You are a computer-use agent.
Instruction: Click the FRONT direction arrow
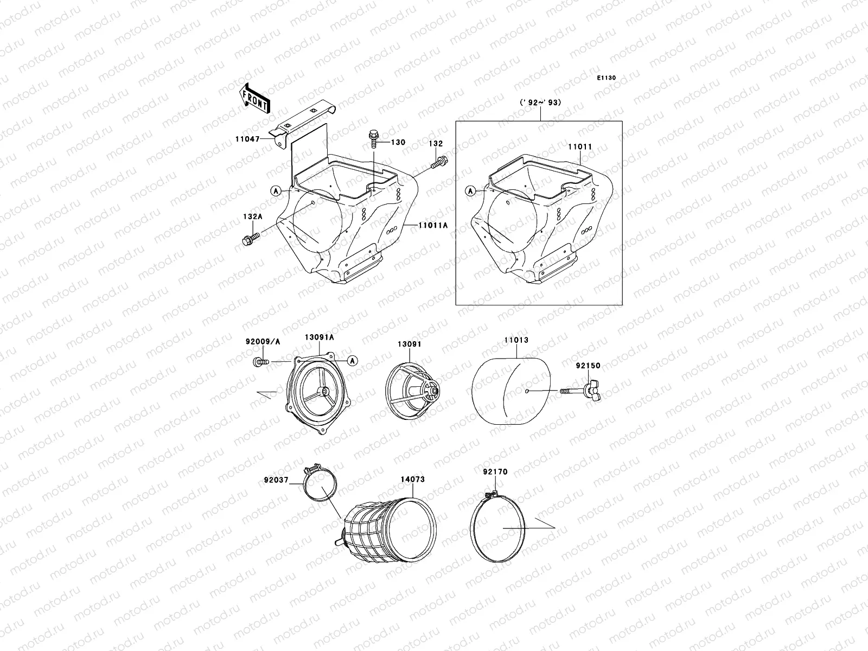tap(255, 98)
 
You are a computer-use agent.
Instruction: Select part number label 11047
tap(247, 139)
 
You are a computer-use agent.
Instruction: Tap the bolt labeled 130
tap(373, 138)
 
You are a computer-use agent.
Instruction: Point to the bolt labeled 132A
tap(251, 239)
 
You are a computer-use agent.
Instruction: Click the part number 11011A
tap(433, 225)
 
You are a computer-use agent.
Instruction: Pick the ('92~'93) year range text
tap(540, 103)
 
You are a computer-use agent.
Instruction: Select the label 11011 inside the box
tap(580, 146)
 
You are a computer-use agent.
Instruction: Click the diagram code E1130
tap(606, 78)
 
